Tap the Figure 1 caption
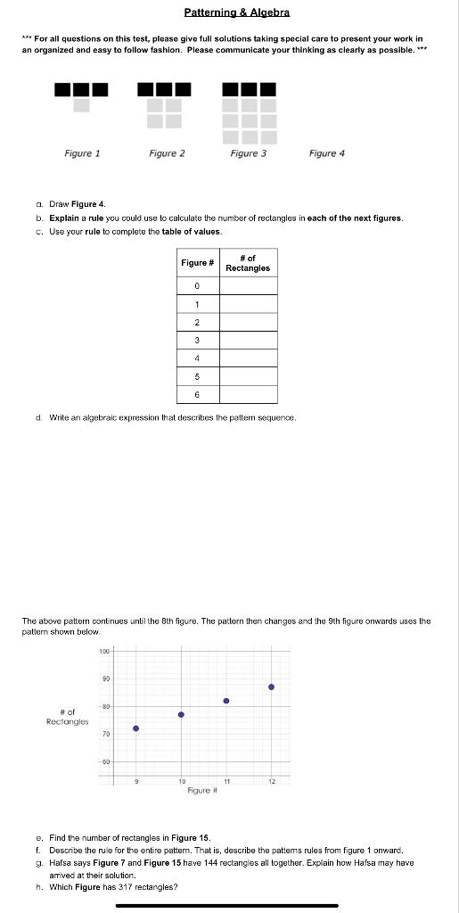pos(82,153)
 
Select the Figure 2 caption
pos(167,153)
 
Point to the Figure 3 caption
pos(248,153)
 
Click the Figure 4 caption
pos(326,153)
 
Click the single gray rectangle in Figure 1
pos(81,105)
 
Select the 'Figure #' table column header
pos(198,263)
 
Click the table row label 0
pos(198,285)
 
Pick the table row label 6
pos(198,395)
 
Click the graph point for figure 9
pos(136,728)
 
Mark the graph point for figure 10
pos(181,714)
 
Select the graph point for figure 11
pos(226,701)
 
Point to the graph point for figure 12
pos(271,687)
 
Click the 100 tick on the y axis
pos(105,653)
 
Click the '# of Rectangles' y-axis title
pos(67,717)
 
